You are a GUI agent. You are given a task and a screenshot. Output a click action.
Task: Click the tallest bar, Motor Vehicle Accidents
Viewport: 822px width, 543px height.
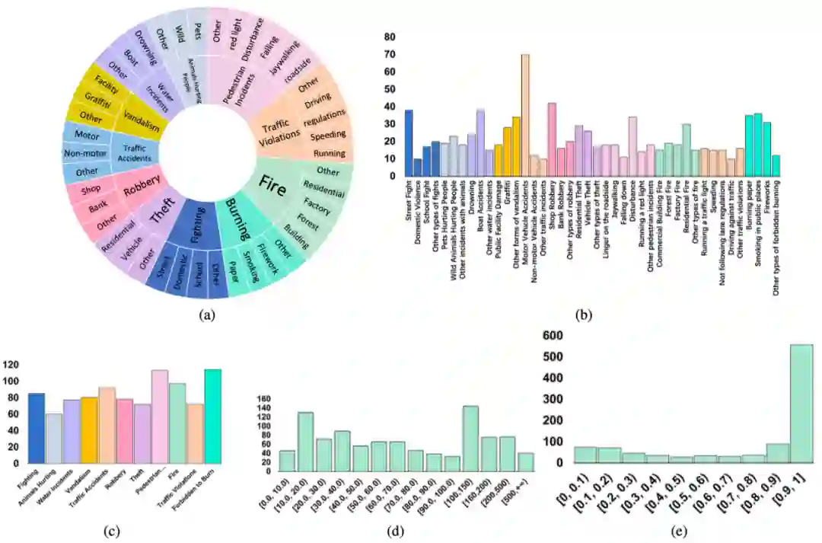tap(525, 114)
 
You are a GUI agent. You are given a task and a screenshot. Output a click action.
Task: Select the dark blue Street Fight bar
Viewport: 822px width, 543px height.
tap(409, 143)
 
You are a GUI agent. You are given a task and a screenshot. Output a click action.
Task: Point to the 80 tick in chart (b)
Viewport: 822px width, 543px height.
tap(389, 37)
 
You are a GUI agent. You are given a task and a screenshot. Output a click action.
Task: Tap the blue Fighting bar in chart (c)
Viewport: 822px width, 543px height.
tap(37, 428)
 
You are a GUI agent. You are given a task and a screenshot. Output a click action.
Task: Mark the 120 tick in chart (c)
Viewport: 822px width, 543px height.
tap(12, 364)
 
